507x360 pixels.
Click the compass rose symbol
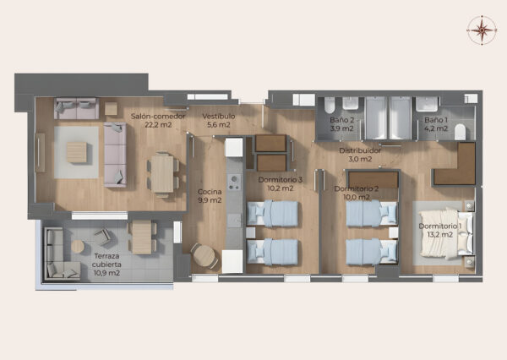[482, 30]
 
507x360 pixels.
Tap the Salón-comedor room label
[158, 120]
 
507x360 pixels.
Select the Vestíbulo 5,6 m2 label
[219, 120]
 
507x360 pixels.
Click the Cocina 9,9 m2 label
[210, 196]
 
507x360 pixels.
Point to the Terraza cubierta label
[106, 265]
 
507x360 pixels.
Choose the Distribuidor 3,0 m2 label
[360, 155]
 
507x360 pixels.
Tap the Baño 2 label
[341, 124]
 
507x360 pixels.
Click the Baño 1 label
[436, 124]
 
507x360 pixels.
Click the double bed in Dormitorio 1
[445, 233]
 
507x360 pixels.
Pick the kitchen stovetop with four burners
[234, 182]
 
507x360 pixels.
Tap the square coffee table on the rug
[77, 152]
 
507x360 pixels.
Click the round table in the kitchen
[204, 255]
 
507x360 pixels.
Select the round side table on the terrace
[78, 247]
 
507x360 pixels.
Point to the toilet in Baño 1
[460, 132]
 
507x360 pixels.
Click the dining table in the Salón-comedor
[162, 174]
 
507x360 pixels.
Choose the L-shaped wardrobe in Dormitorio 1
[454, 164]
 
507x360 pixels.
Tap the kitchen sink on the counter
[234, 221]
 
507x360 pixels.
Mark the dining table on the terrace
[142, 237]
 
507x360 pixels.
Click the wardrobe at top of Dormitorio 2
[373, 180]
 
